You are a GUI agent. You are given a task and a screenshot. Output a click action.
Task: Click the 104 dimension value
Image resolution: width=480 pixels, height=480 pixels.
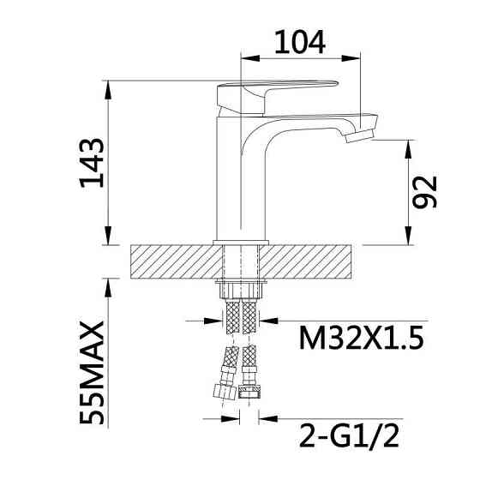click(x=300, y=43)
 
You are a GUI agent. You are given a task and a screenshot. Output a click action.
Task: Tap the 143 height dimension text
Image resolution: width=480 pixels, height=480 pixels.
click(x=92, y=163)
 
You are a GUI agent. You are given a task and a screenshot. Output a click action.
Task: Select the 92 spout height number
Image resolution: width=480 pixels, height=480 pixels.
click(x=425, y=192)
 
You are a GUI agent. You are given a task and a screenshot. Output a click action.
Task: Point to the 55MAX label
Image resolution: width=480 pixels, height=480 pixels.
click(x=92, y=372)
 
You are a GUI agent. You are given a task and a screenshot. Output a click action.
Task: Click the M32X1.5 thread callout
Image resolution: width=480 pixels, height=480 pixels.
click(x=361, y=338)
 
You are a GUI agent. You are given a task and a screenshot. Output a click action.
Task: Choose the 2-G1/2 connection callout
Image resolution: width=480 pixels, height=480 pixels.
click(x=350, y=435)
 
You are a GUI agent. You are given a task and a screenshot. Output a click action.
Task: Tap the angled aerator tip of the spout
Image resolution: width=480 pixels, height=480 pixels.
click(x=360, y=135)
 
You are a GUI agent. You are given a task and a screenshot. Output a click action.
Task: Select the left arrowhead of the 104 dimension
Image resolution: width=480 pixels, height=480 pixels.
click(x=250, y=58)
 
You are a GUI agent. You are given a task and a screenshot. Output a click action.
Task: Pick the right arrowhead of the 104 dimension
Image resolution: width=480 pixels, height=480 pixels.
click(x=351, y=58)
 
